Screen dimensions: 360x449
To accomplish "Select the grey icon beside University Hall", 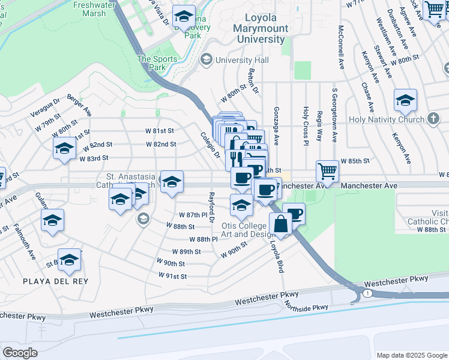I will pos(206,59).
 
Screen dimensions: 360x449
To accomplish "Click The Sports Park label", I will pos(157,63).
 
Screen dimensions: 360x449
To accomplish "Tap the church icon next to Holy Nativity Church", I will pos(432,120).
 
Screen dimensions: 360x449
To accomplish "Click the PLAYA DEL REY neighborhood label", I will pos(55,281).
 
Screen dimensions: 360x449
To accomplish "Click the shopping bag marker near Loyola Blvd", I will pos(280,223).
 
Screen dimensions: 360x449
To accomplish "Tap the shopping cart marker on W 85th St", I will pos(327,171).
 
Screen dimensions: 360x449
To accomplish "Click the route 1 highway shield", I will pos(366,292).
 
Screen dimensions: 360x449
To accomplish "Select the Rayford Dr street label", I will pos(211,208).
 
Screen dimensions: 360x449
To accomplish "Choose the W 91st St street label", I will pos(173,275).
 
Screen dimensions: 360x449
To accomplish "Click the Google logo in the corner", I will pos(20,352).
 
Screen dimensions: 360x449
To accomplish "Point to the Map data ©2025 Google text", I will pos(411,355).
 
